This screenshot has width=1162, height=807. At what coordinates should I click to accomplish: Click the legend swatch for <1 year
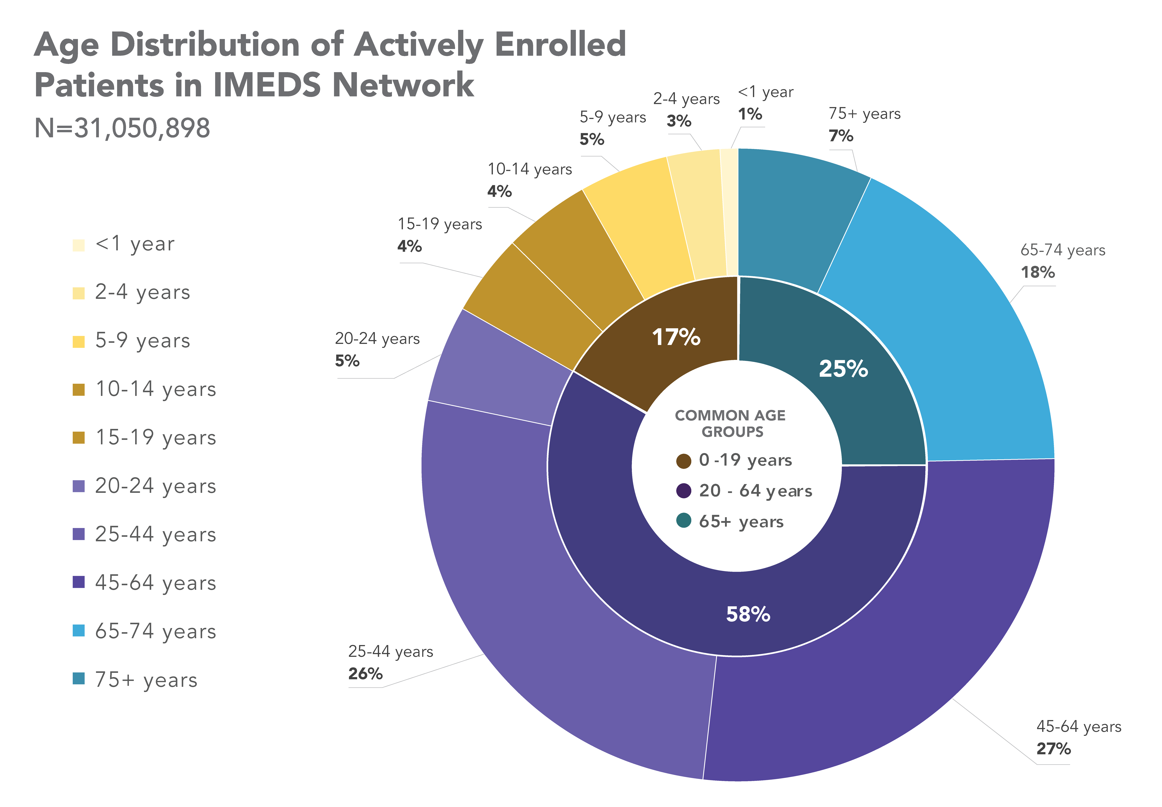coord(78,245)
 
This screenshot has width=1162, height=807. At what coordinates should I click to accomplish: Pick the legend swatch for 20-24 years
coord(78,486)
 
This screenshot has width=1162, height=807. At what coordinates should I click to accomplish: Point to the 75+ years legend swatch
coord(78,679)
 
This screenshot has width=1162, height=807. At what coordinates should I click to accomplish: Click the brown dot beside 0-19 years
coord(684,461)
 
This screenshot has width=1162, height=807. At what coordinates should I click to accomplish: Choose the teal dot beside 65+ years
coord(684,520)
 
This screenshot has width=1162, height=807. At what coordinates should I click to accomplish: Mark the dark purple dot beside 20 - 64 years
coord(684,490)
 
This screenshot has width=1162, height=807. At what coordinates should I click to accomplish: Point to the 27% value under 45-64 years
coord(1053,748)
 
